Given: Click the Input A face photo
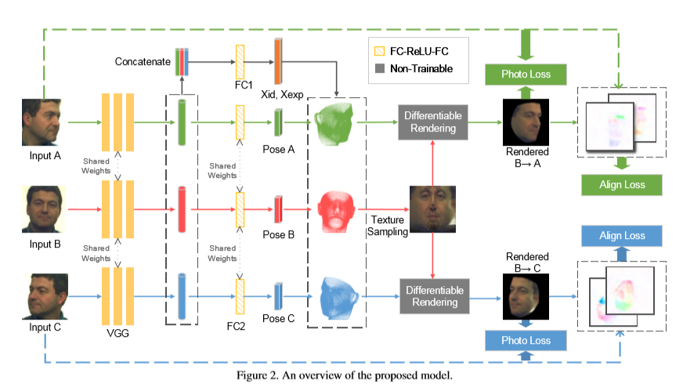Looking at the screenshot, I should click(x=45, y=122).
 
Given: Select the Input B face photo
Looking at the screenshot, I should click(x=45, y=209).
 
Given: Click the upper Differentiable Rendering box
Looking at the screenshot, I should click(x=432, y=121).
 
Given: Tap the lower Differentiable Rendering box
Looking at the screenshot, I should click(x=432, y=297).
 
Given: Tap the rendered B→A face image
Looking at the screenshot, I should click(x=526, y=122).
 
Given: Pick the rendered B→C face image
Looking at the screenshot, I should click(x=526, y=297).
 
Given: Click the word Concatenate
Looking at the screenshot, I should click(x=142, y=60).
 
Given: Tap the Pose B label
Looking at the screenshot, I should click(x=279, y=235).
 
